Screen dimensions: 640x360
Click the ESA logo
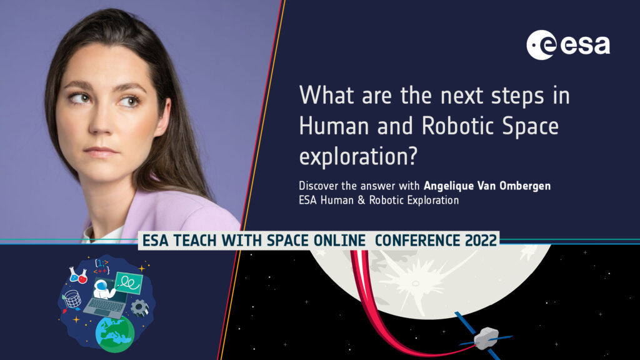568,45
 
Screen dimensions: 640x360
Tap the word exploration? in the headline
358,157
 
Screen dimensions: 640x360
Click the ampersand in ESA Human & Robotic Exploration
361,201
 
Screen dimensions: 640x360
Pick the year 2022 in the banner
481,241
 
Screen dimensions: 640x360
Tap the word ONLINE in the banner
339,241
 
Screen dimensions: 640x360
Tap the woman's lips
100,152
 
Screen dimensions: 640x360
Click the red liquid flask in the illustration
82,277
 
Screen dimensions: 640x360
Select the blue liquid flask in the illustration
74,275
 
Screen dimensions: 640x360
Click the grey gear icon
139,307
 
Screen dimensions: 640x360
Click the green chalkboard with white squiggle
129,282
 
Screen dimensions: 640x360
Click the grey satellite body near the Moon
486,338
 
